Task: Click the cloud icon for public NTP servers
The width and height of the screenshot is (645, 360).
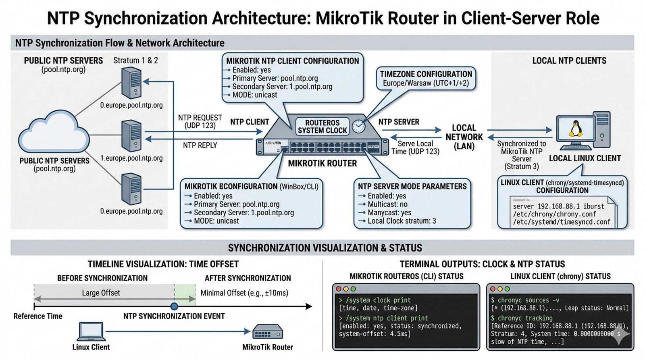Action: [53, 133]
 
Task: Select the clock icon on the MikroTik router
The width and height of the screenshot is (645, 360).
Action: [358, 126]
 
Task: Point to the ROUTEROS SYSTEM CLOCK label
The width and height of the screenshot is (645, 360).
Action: [322, 127]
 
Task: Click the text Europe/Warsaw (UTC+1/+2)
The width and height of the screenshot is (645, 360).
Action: [426, 83]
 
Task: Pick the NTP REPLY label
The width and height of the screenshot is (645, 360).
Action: [200, 146]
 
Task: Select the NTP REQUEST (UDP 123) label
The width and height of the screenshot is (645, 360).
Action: [200, 121]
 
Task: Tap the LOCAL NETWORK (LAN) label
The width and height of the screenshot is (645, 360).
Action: [464, 137]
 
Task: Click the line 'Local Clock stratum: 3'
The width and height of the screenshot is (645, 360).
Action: [402, 221]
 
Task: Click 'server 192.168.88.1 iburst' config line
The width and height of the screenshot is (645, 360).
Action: [558, 206]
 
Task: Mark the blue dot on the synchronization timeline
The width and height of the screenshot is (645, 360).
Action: [174, 306]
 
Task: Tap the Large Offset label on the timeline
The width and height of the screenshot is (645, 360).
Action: [101, 293]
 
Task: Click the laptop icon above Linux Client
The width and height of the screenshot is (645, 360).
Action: [91, 332]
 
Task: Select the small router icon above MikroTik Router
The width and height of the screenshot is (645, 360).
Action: [268, 333]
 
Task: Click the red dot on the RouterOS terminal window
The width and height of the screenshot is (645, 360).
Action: [339, 289]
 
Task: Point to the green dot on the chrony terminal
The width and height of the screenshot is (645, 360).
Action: [507, 289]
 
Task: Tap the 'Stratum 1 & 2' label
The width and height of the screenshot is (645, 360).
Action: [135, 60]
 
